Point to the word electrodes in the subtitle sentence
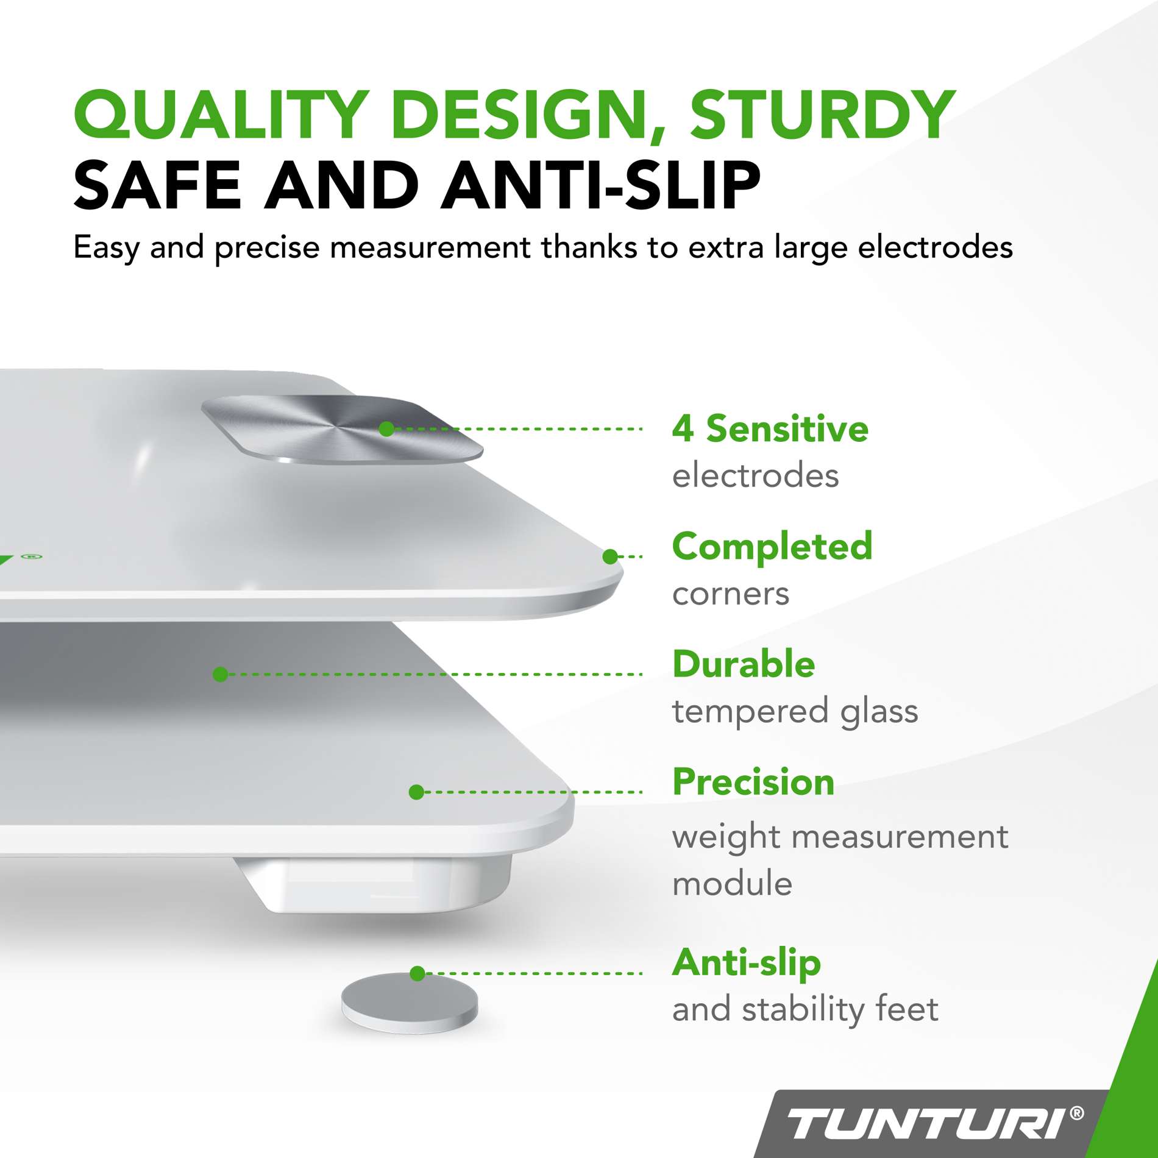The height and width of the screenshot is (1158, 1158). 935,247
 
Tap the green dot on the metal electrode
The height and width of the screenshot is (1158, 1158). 386,429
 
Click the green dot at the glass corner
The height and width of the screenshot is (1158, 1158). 609,556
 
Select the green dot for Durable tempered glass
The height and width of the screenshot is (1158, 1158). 221,674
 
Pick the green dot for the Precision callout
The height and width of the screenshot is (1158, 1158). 416,792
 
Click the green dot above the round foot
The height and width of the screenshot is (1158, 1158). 417,973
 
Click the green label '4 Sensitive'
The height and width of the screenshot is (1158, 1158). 770,428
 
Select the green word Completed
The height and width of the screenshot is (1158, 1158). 772,546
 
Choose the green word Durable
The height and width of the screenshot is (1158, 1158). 744,664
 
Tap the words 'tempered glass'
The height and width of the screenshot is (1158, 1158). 795,711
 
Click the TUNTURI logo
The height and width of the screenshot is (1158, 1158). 926,1123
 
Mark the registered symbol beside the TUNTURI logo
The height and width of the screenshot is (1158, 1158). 1077,1114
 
